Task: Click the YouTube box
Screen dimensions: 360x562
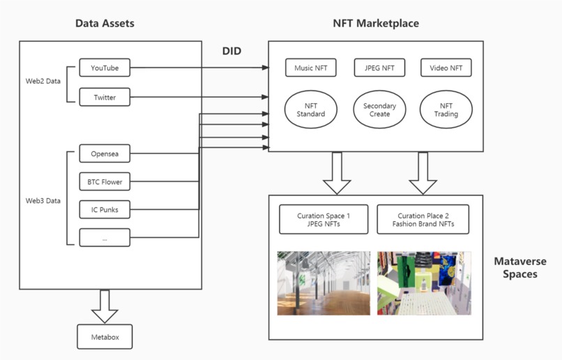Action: pyautogui.click(x=105, y=68)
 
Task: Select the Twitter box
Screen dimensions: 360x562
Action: pyautogui.click(x=105, y=97)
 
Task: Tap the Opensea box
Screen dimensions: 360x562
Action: pyautogui.click(x=105, y=153)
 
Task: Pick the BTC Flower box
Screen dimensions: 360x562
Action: pyautogui.click(x=105, y=182)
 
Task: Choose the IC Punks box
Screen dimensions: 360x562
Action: pyautogui.click(x=105, y=209)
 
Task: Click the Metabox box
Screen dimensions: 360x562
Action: pyautogui.click(x=105, y=337)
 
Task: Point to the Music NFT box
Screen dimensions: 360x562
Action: pyautogui.click(x=311, y=68)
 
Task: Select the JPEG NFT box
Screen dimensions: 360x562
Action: pyautogui.click(x=379, y=68)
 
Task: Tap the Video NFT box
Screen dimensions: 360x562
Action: pyautogui.click(x=446, y=68)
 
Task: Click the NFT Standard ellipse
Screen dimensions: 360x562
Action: pyautogui.click(x=311, y=110)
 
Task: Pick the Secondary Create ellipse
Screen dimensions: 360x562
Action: pyautogui.click(x=379, y=110)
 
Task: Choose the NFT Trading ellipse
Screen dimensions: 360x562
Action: pyautogui.click(x=446, y=110)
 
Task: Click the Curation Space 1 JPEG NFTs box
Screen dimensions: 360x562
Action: pyautogui.click(x=324, y=219)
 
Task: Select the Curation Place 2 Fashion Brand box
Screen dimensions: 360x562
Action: pyautogui.click(x=423, y=219)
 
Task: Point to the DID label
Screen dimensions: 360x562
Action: pyautogui.click(x=231, y=51)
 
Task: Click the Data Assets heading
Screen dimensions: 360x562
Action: pyautogui.click(x=105, y=24)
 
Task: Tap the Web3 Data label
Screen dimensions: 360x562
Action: pyautogui.click(x=43, y=200)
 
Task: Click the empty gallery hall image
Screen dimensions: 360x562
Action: pyautogui.click(x=324, y=283)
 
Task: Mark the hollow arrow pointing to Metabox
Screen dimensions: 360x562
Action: pyautogui.click(x=105, y=306)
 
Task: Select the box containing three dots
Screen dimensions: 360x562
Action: pyautogui.click(x=105, y=238)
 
